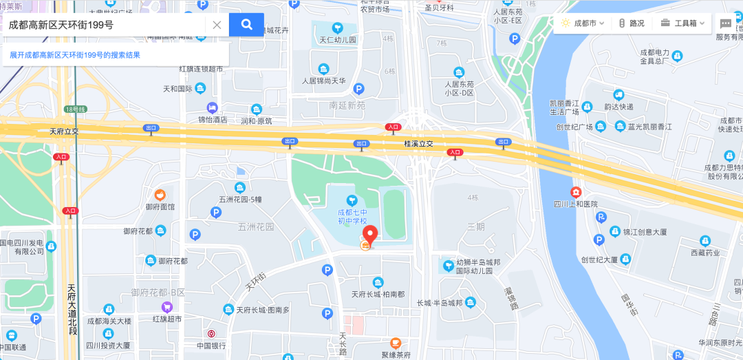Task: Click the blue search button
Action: pyautogui.click(x=246, y=25)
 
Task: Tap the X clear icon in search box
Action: pyautogui.click(x=216, y=25)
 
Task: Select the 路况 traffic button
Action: pyautogui.click(x=631, y=23)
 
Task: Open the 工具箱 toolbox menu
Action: pyautogui.click(x=682, y=23)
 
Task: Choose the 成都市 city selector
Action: pyautogui.click(x=583, y=23)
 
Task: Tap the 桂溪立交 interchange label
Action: pyautogui.click(x=418, y=144)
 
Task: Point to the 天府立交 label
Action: pyautogui.click(x=65, y=131)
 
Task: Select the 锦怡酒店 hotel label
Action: pyautogui.click(x=213, y=119)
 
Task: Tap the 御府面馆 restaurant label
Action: pyautogui.click(x=160, y=206)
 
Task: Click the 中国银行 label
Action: pyautogui.click(x=211, y=346)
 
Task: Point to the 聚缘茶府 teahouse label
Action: pyautogui.click(x=396, y=354)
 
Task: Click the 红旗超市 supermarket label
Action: pyautogui.click(x=166, y=319)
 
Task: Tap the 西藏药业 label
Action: pyautogui.click(x=704, y=252)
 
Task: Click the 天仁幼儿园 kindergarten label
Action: pyautogui.click(x=337, y=39)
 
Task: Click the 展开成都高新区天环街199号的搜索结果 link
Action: pyautogui.click(x=75, y=55)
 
